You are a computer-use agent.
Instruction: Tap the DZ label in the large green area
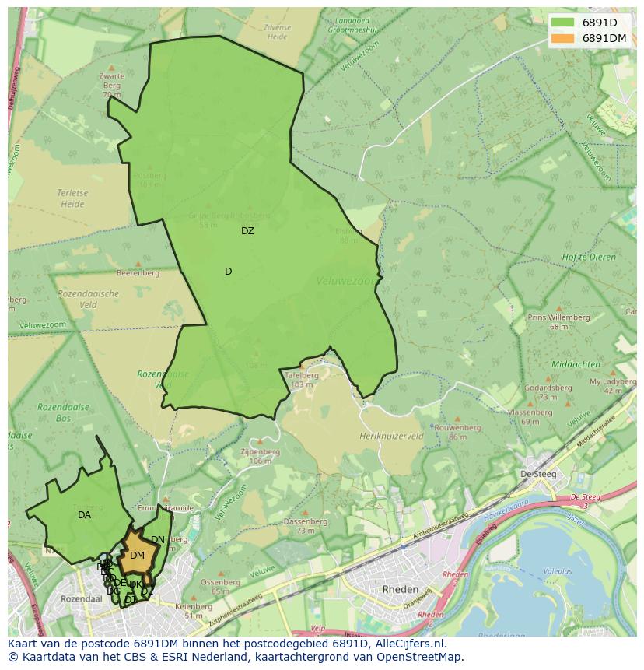coord(247,231)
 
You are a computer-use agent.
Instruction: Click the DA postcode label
coord(84,515)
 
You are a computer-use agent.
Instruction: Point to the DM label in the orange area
coord(137,556)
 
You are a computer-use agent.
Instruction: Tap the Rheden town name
coord(401,590)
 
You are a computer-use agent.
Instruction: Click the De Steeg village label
coord(536,474)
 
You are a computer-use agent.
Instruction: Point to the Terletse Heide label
coord(71,198)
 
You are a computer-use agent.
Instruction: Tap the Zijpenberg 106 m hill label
coord(260,456)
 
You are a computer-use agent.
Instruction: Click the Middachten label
coord(576,364)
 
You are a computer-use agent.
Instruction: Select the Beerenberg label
coord(138,273)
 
